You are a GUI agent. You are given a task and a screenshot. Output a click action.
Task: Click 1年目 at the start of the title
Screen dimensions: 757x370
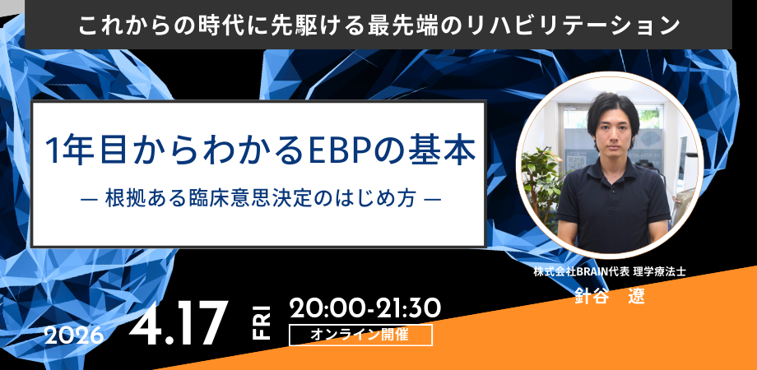click(78, 151)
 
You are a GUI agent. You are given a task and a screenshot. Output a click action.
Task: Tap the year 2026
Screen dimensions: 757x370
click(73, 335)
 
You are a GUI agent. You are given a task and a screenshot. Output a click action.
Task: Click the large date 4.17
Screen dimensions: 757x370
click(178, 322)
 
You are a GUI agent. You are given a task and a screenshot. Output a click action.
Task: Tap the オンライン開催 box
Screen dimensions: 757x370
click(360, 335)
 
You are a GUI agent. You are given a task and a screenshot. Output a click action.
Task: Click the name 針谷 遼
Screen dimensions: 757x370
click(609, 296)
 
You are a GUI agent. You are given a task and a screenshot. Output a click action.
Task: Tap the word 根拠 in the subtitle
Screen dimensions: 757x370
click(121, 199)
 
